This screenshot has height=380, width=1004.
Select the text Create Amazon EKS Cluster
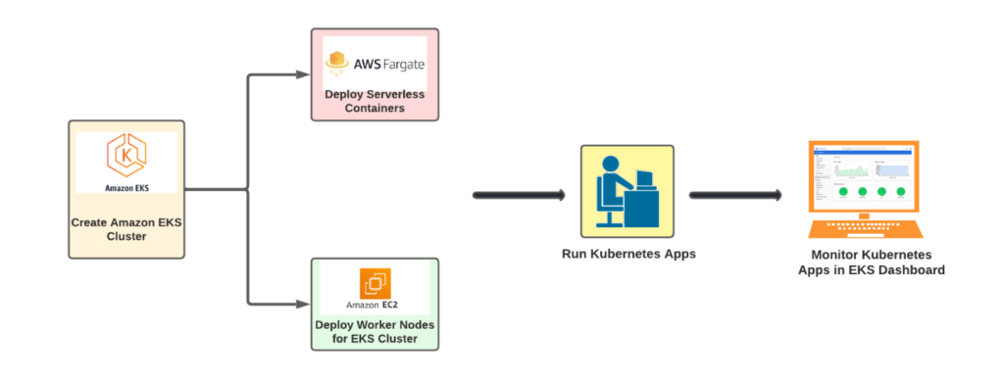126,229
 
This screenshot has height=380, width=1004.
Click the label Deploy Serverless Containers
375,102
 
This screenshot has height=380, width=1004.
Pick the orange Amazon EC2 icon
375,282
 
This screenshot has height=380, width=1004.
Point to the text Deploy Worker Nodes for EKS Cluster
375,331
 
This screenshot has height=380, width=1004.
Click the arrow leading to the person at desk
520,196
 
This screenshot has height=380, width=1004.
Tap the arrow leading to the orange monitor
735,196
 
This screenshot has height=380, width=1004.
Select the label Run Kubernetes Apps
627,254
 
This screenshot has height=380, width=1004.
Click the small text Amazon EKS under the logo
126,185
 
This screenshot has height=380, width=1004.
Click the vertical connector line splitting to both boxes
246,189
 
